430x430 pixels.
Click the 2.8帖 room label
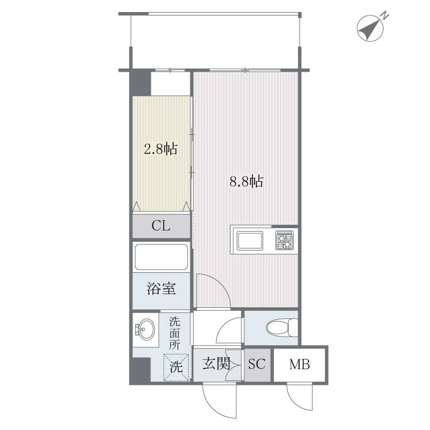pyautogui.click(x=161, y=149)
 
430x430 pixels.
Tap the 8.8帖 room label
pyautogui.click(x=247, y=181)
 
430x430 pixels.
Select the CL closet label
pyautogui.click(x=161, y=226)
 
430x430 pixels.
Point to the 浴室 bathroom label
pyautogui.click(x=161, y=288)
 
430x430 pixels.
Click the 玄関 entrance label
pyautogui.click(x=216, y=364)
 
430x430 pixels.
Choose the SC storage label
pyautogui.click(x=257, y=364)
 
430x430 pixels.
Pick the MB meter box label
pyautogui.click(x=300, y=364)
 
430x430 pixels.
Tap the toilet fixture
pyautogui.click(x=282, y=327)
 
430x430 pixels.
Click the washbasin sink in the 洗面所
pyautogui.click(x=146, y=329)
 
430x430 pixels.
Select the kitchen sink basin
pyautogui.click(x=250, y=240)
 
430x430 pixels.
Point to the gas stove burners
pyautogui.click(x=284, y=240)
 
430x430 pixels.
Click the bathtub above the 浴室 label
pyautogui.click(x=161, y=257)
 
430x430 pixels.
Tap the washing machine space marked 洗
pyautogui.click(x=176, y=367)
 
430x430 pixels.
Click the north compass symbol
pyautogui.click(x=370, y=28)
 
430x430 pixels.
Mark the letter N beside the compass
pyautogui.click(x=386, y=15)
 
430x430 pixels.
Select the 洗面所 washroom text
pyautogui.click(x=174, y=333)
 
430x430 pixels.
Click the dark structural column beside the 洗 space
pyautogui.click(x=140, y=370)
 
